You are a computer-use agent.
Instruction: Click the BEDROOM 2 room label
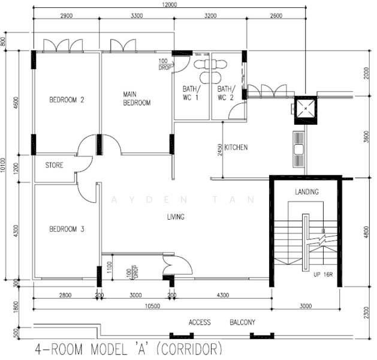[x=67, y=100]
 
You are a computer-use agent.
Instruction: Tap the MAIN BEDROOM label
[x=137, y=98]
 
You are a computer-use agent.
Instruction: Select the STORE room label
[x=55, y=165]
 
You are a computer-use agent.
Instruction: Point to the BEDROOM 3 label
[x=67, y=229]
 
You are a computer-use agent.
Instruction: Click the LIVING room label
[x=176, y=217]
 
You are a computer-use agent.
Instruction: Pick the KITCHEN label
[x=236, y=147]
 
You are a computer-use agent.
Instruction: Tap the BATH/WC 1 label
[x=191, y=93]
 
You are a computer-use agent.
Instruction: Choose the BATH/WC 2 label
[x=226, y=93]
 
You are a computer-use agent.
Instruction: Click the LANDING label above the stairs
[x=307, y=192]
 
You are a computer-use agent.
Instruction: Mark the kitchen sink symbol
[x=298, y=149]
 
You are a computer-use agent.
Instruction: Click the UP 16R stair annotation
[x=323, y=274]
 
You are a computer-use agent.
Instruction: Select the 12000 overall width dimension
[x=169, y=5]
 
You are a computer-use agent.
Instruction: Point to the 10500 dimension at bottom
[x=152, y=306]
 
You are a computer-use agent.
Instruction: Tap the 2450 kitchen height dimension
[x=220, y=149]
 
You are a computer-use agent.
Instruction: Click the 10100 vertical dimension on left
[x=2, y=165]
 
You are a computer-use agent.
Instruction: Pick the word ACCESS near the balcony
[x=200, y=322]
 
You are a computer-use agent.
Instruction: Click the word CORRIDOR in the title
[x=189, y=349]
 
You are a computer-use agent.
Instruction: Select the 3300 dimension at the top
[x=137, y=16]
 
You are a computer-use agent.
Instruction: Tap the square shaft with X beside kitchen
[x=306, y=110]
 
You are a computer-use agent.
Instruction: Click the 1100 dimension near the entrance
[x=110, y=267]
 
